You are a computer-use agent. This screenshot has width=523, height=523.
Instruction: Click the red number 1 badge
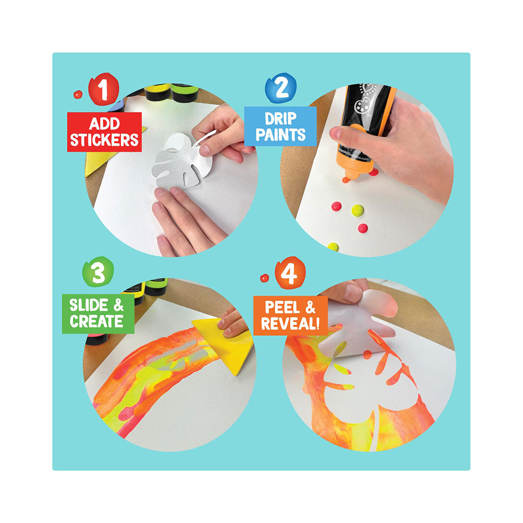[104, 89]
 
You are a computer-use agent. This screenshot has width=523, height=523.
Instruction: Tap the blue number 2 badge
[280, 88]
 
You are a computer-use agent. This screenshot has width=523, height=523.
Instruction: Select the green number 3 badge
[98, 271]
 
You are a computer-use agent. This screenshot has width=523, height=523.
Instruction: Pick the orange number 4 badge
[290, 273]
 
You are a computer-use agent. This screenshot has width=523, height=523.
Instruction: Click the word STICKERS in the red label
[104, 140]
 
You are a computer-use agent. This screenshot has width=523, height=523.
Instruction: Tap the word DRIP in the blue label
[280, 119]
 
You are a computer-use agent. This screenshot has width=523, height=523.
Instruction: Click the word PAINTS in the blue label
[280, 134]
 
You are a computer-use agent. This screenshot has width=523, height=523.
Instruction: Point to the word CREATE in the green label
[97, 321]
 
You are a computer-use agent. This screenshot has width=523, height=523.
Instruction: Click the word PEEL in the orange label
[282, 307]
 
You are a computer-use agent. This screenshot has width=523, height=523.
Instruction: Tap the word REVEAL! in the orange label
[290, 323]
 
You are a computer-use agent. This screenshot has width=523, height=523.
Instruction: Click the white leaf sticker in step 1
[182, 161]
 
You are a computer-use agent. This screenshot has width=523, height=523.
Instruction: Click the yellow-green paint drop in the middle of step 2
[358, 210]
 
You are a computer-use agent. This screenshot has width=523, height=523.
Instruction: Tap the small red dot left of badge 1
[78, 94]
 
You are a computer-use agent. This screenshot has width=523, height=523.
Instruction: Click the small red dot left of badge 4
[265, 278]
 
